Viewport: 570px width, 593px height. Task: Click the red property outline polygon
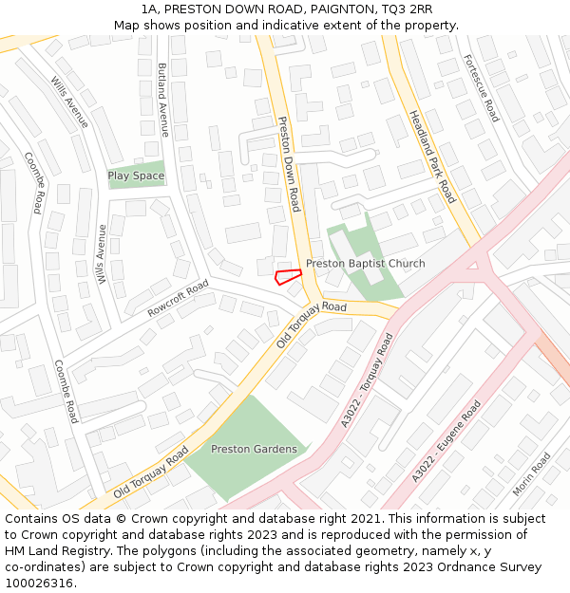coord(287,277)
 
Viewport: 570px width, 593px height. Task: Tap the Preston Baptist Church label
coord(365,263)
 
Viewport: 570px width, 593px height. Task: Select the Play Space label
coord(136,176)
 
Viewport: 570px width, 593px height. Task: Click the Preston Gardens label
coord(254,449)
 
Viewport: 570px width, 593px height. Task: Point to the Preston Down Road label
coord(289,163)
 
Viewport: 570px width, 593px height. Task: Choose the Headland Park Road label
coord(432,157)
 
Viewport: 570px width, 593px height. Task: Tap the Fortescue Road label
coord(480,87)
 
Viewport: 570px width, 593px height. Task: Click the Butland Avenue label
coord(162,100)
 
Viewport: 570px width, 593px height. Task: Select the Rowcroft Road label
coord(178,300)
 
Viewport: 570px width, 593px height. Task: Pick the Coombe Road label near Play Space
coord(33,182)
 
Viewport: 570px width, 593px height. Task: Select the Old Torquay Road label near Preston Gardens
coord(151,476)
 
